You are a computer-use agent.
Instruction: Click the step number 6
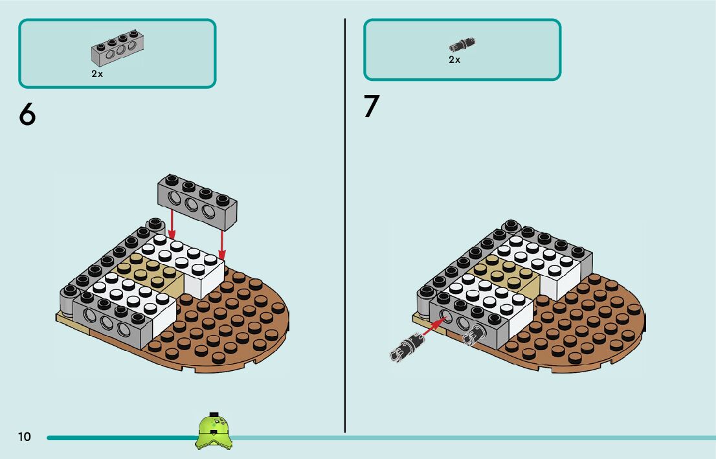[x=27, y=115]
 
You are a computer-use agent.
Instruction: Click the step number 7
[x=371, y=107]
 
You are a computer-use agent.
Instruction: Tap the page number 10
[x=24, y=437]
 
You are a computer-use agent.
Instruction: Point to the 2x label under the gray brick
[x=97, y=74]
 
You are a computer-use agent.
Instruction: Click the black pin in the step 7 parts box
[x=462, y=45]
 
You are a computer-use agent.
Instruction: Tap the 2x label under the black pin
[x=454, y=60]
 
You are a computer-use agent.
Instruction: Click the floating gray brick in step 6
[x=197, y=201]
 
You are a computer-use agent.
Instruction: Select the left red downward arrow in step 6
[x=171, y=223]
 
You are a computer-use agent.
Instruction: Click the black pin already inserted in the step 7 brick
[x=474, y=333]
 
